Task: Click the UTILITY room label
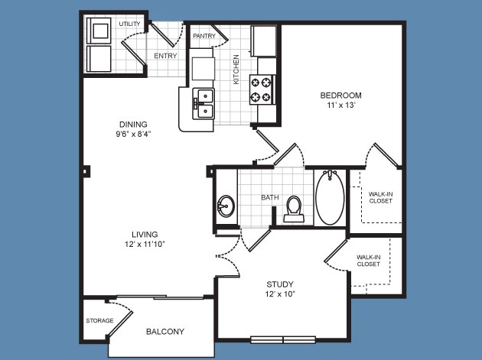point(130,24)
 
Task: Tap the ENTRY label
point(165,56)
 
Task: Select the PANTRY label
point(204,36)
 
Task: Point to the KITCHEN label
point(236,70)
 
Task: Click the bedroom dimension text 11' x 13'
point(341,105)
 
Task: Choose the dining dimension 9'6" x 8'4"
point(133,135)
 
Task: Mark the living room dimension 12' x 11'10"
point(145,244)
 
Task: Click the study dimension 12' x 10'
point(280,294)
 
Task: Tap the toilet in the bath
point(294,209)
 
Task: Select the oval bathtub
point(331,198)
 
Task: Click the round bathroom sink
point(226,206)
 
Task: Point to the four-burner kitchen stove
point(262,89)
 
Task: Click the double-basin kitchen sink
point(204,104)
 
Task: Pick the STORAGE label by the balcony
point(99,321)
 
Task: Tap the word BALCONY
point(165,332)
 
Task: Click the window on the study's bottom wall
point(283,339)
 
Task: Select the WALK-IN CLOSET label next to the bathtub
point(380,197)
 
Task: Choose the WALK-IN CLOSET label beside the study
point(369,261)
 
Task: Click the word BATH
point(270,197)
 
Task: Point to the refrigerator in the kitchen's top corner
point(264,41)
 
